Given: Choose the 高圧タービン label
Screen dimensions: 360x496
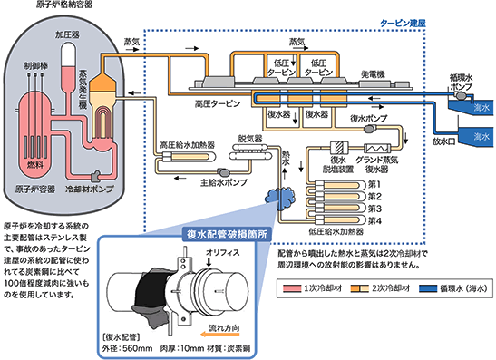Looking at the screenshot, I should click(219, 102).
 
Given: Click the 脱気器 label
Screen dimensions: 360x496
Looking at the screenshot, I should click(248, 139).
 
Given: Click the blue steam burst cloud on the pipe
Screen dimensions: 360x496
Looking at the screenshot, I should click(276, 194).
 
